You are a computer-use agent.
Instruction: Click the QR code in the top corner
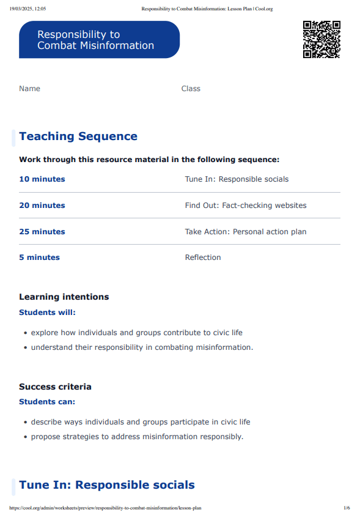pyautogui.click(x=321, y=40)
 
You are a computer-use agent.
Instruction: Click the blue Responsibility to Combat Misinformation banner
pyautogui.click(x=99, y=40)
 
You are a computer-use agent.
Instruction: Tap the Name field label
pyautogui.click(x=29, y=89)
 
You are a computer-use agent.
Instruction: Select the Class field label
pyautogui.click(x=191, y=89)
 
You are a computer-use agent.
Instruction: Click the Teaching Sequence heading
pyautogui.click(x=78, y=136)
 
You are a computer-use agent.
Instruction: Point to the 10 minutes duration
pyautogui.click(x=42, y=179)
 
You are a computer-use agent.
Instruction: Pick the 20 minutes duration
pyautogui.click(x=42, y=206)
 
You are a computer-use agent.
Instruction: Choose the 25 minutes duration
pyautogui.click(x=42, y=232)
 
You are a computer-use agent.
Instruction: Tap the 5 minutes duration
pyautogui.click(x=40, y=257)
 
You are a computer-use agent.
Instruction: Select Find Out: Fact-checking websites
pyautogui.click(x=246, y=206)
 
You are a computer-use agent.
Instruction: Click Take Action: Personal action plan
pyautogui.click(x=246, y=232)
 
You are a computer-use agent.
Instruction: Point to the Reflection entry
pyautogui.click(x=203, y=257)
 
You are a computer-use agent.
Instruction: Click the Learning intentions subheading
pyautogui.click(x=64, y=297)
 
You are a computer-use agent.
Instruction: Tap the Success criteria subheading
pyautogui.click(x=55, y=387)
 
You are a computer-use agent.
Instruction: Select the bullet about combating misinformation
pyautogui.click(x=142, y=347)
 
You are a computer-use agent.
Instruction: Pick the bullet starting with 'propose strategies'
pyautogui.click(x=137, y=437)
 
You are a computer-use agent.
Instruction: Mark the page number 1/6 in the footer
pyautogui.click(x=347, y=508)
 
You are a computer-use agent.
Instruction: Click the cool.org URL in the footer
pyautogui.click(x=106, y=508)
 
